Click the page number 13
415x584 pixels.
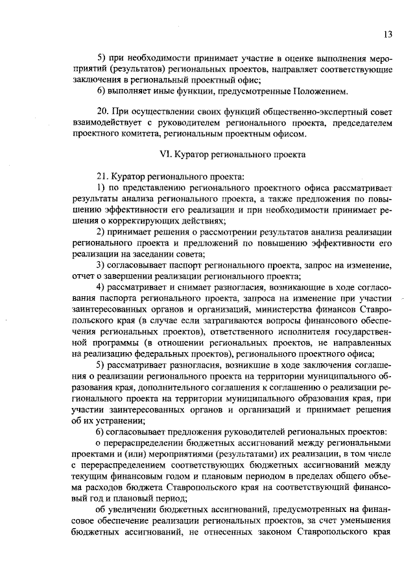coord(388,34)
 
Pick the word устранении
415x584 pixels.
coord(122,420)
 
